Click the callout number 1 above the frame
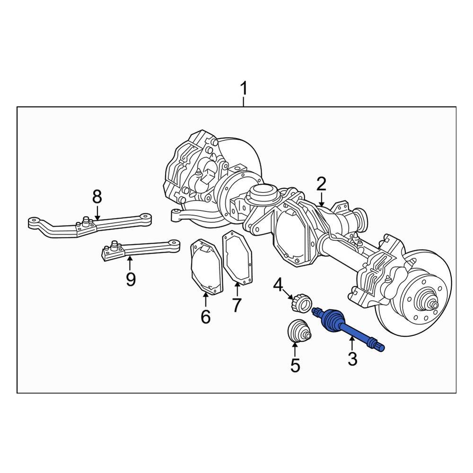coord(244,88)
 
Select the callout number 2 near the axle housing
coord(321,184)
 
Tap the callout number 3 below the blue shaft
coord(352,359)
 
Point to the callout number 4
coord(279,285)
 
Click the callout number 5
coord(295,365)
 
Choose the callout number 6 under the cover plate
coord(205,316)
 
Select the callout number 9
coord(131,280)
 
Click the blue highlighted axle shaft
coord(345,328)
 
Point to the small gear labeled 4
coord(300,303)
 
